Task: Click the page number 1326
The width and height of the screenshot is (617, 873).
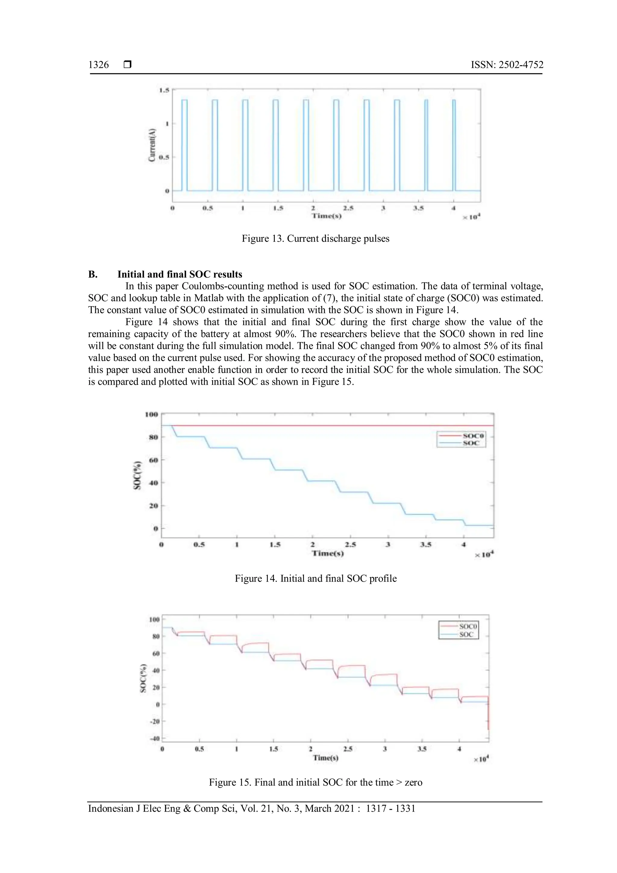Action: tap(99, 65)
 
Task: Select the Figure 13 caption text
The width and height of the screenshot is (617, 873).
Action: tap(315, 239)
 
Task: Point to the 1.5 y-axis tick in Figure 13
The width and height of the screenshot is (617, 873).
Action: tap(164, 90)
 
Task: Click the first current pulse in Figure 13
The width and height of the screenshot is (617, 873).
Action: tap(184, 144)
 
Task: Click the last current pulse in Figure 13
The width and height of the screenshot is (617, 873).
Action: tap(454, 144)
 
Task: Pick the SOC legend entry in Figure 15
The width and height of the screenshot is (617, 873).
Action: tap(466, 634)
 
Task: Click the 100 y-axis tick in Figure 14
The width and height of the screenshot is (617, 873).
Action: tap(151, 414)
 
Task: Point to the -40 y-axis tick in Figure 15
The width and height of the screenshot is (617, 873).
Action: tap(155, 738)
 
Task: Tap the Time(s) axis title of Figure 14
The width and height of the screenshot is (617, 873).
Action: tap(327, 553)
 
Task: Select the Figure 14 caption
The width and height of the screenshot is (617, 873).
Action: tap(315, 579)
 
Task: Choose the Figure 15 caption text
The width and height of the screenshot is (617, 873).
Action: tap(315, 783)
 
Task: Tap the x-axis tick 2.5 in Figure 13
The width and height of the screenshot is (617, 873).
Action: tap(348, 208)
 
